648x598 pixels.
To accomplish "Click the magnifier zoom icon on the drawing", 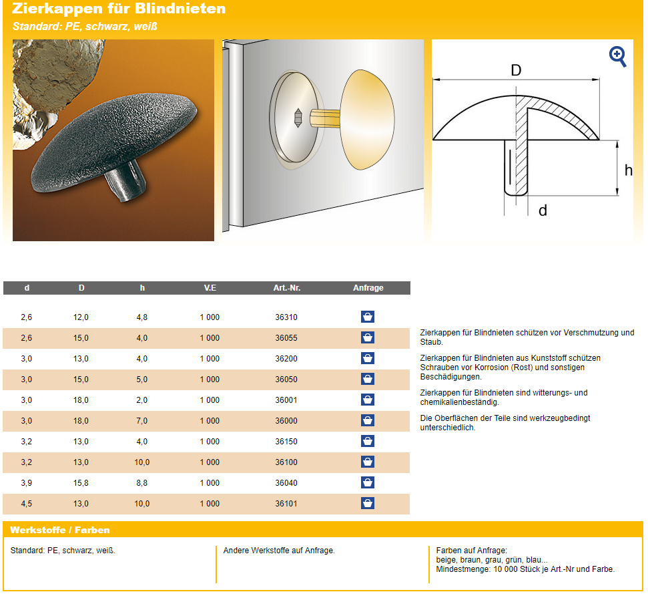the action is coord(617,56).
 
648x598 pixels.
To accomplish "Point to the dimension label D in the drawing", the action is coord(516,71).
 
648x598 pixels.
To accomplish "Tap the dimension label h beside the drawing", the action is coord(628,170).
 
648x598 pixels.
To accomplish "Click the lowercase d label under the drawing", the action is coord(543,210).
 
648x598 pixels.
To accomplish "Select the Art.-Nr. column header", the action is coord(287,287).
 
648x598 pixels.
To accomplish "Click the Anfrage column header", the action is coord(368,287).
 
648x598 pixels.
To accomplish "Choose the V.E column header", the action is coord(210,287).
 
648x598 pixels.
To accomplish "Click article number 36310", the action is coord(286,317).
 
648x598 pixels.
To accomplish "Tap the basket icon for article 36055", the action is coord(368,337).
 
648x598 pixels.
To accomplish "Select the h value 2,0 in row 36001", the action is coord(141,400).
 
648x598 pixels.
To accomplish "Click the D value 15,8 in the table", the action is coord(81,483).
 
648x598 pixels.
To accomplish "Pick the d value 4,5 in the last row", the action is coord(27,504).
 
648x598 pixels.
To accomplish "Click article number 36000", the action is coord(286,421).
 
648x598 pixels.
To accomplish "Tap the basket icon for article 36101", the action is coord(368,503).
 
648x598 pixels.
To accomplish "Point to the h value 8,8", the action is coord(141,483).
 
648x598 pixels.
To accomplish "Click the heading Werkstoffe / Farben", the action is coord(60,530).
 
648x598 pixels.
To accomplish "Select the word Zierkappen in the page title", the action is coord(57,9).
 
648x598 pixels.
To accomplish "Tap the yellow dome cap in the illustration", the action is coord(367,120).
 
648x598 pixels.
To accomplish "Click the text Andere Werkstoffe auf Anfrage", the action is coord(279,551).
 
